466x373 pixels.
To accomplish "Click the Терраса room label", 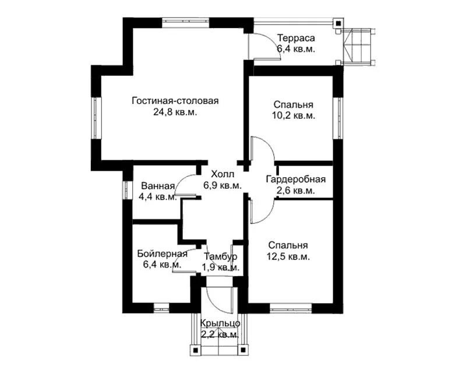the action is [296, 38].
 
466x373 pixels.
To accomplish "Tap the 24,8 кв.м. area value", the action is [175, 112].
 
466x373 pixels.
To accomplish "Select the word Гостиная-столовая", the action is [175, 101].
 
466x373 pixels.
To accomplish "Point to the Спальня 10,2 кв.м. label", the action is [294, 110].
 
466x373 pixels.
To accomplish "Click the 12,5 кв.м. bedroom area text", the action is [288, 256].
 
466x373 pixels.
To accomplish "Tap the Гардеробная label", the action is [296, 180].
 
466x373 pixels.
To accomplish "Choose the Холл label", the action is [223, 174].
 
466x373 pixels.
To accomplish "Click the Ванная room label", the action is [158, 186].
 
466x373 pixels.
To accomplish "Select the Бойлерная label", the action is [163, 254].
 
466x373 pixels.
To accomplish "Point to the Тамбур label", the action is [221, 256].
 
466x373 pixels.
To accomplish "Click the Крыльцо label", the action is [220, 323].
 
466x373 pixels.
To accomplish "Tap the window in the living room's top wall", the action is [186, 23].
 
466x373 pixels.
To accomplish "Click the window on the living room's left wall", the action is [96, 118].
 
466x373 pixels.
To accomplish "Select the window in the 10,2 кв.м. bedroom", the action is [338, 118].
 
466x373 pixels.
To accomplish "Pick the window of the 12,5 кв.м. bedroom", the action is [291, 308].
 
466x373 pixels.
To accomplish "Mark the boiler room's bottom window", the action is [161, 308].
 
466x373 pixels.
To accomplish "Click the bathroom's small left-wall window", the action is [127, 190].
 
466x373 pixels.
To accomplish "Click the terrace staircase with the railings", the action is [359, 47].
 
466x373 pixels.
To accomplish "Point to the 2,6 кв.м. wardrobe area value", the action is [296, 191].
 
